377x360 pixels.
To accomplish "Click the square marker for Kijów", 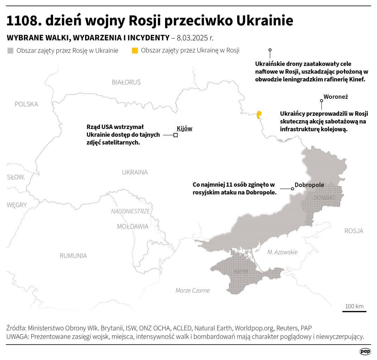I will pyautogui.click(x=175, y=135).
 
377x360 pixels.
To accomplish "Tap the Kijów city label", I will pyautogui.click(x=184, y=128).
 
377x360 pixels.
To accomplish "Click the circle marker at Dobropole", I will pyautogui.click(x=292, y=189).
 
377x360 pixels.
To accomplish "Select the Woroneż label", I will pyautogui.click(x=333, y=97).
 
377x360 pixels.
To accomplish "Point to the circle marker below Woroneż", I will pyautogui.click(x=321, y=101).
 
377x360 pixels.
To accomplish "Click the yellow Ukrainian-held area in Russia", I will pyautogui.click(x=259, y=115).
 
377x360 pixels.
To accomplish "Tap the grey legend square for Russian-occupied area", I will pyautogui.click(x=10, y=51).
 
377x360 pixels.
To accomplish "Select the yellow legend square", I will pyautogui.click(x=135, y=51).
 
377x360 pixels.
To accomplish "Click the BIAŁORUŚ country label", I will pyautogui.click(x=126, y=82).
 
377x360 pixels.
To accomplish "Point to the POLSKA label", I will pyautogui.click(x=26, y=104).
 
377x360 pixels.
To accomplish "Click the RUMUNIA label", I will pyautogui.click(x=73, y=256).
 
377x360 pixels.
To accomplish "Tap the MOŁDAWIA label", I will pyautogui.click(x=133, y=226).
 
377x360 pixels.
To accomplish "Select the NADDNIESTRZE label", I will pyautogui.click(x=131, y=211).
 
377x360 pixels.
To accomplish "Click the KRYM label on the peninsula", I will pyautogui.click(x=241, y=272).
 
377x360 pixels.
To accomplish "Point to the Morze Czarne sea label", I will pyautogui.click(x=193, y=290).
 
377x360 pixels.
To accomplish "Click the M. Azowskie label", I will pyautogui.click(x=282, y=252).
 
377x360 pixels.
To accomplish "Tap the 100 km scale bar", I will pyautogui.click(x=354, y=311).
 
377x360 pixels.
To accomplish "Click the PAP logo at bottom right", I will pyautogui.click(x=365, y=351).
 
